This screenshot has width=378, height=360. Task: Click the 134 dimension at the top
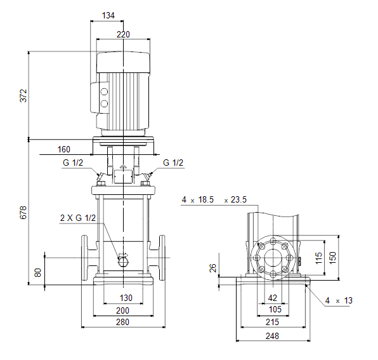click(108, 15)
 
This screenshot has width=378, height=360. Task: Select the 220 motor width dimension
click(123, 34)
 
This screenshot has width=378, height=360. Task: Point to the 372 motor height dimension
click(23, 96)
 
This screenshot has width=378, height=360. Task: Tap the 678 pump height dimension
click(23, 213)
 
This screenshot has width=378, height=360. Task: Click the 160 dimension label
click(64, 149)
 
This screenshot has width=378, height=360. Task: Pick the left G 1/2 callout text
click(73, 163)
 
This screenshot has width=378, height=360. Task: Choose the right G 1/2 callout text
click(173, 163)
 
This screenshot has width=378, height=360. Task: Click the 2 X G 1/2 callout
click(78, 218)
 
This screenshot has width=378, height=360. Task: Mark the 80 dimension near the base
click(38, 272)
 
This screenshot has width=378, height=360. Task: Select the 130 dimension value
click(126, 298)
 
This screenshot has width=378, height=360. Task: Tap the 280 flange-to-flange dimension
click(122, 322)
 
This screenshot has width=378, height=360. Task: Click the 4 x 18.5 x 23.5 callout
click(214, 199)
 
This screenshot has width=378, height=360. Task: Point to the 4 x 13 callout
click(339, 300)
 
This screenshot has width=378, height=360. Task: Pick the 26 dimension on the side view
click(213, 268)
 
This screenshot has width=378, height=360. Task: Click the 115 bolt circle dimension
click(318, 258)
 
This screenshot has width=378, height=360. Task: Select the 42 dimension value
click(273, 298)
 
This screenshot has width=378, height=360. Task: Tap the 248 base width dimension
click(273, 336)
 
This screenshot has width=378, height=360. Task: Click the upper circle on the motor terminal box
click(104, 91)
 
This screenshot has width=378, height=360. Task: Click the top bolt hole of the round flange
click(273, 241)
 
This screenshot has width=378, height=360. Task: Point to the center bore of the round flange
click(273, 257)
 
